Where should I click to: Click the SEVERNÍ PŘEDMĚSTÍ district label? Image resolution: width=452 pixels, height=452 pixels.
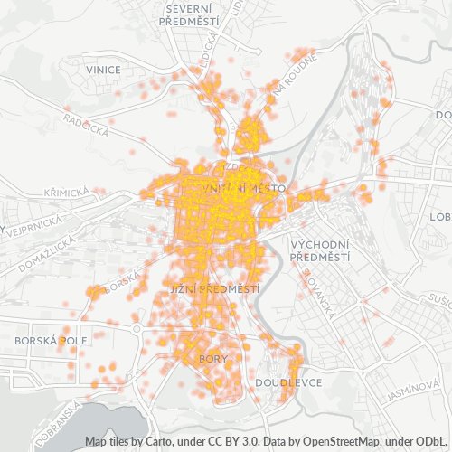pyautogui.click(x=189, y=14)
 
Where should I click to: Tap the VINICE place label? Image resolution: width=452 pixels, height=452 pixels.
pyautogui.click(x=104, y=69)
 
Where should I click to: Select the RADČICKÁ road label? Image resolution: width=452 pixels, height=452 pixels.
pyautogui.click(x=86, y=123)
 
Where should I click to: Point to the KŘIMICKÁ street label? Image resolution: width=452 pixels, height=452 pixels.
pyautogui.click(x=66, y=193)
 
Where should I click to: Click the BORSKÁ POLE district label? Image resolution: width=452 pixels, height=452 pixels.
pyautogui.click(x=51, y=341)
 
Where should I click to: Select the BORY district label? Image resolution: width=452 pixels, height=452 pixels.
pyautogui.click(x=213, y=359)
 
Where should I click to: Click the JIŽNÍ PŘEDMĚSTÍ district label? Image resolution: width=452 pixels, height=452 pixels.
pyautogui.click(x=214, y=288)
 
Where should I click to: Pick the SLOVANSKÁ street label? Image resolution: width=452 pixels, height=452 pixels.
pyautogui.click(x=321, y=297)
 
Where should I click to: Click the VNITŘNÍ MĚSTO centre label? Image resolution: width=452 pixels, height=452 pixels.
pyautogui.click(x=244, y=187)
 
